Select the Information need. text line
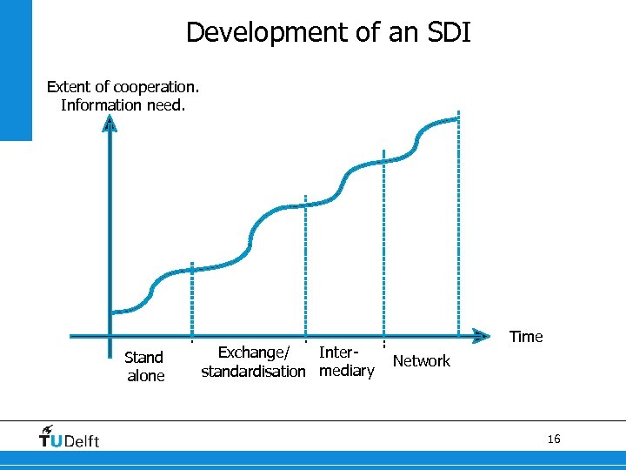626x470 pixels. pyautogui.click(x=123, y=105)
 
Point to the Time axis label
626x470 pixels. pyautogui.click(x=526, y=337)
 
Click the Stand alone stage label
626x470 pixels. pyautogui.click(x=144, y=366)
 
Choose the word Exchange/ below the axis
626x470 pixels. pyautogui.click(x=253, y=352)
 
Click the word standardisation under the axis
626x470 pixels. pyautogui.click(x=253, y=372)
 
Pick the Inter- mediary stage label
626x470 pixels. pyautogui.click(x=345, y=362)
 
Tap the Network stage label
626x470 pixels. pyautogui.click(x=422, y=361)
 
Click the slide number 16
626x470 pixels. pyautogui.click(x=554, y=439)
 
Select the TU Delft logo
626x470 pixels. pyautogui.click(x=69, y=437)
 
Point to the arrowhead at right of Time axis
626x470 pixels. pyautogui.click(x=479, y=334)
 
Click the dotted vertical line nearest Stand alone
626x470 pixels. pyautogui.click(x=192, y=300)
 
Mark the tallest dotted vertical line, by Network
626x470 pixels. pyautogui.click(x=460, y=226)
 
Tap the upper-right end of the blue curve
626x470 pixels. pyautogui.click(x=457, y=119)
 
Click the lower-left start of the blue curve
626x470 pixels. pyautogui.click(x=115, y=311)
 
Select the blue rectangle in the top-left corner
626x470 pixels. pyautogui.click(x=16, y=70)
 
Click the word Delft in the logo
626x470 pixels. pyautogui.click(x=82, y=441)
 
